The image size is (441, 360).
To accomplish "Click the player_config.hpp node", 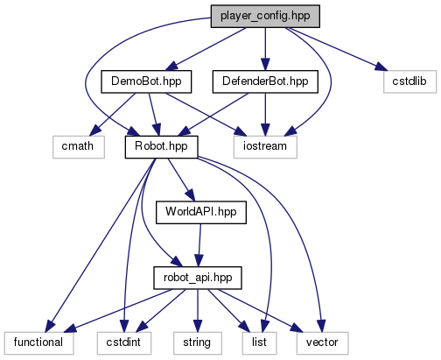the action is (265, 17).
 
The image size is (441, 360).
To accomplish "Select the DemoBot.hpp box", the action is (146, 81).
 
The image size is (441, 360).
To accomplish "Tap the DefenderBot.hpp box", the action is (265, 81).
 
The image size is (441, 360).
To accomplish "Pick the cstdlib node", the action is (409, 81).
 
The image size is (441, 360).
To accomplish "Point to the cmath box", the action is (79, 147).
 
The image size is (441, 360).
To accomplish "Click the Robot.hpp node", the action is (161, 147).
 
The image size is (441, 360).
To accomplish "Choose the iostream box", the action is (265, 147).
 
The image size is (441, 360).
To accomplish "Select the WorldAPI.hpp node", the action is (201, 213).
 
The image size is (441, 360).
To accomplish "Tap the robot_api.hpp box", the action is (198, 278).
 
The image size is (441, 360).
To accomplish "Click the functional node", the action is (38, 343).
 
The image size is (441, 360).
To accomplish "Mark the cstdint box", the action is (124, 343).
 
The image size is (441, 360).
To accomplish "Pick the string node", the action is (198, 343).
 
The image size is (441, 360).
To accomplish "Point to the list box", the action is (259, 343).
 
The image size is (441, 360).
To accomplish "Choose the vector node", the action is (322, 343).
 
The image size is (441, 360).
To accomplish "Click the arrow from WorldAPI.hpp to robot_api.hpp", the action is (199, 245).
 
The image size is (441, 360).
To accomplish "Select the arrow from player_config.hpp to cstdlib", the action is (337, 49).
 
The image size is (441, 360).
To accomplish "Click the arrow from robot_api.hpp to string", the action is (198, 311).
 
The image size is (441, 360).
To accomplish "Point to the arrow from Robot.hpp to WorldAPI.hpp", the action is (181, 180).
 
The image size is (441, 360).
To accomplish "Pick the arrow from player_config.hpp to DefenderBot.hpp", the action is (265, 49).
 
